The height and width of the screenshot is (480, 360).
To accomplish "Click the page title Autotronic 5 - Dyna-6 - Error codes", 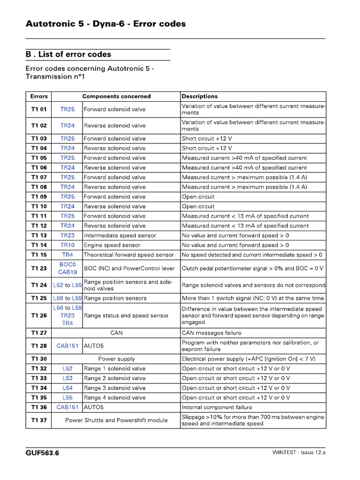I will (105, 23).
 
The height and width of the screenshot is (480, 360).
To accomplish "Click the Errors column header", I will (39, 96).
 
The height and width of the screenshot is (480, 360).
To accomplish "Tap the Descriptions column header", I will (200, 96).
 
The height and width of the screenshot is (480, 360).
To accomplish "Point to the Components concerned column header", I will (116, 96).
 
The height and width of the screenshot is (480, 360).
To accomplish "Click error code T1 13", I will (39, 235).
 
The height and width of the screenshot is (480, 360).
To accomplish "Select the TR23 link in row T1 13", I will (67, 235).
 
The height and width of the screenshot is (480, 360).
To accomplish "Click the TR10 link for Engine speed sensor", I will (67, 245).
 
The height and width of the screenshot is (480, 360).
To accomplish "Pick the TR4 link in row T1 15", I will (67, 255).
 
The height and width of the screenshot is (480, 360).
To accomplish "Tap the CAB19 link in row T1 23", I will (67, 272).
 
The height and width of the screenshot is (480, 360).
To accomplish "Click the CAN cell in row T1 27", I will (116, 333).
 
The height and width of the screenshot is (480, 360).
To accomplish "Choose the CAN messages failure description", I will (211, 333).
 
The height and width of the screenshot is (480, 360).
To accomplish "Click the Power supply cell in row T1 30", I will (116, 359).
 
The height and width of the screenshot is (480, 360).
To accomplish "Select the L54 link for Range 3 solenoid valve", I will (67, 388).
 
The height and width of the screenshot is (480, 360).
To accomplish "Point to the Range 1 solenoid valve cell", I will (114, 368).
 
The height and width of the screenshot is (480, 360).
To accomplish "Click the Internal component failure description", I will (217, 407).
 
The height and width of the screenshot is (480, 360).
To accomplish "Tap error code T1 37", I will (39, 420).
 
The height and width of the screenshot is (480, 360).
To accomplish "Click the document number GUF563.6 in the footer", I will (42, 453).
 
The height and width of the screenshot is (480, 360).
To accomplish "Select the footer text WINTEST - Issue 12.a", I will (299, 453).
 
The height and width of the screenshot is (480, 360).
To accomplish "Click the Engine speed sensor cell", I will (107, 245).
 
